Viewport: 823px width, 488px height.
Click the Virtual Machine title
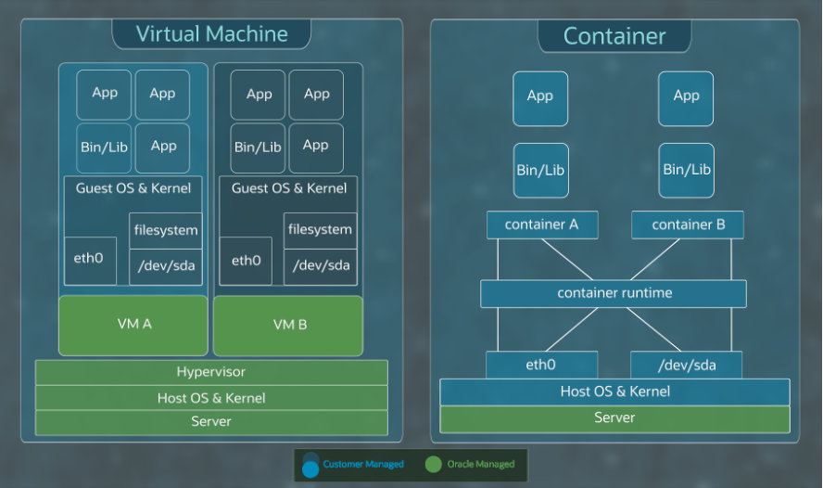[x=211, y=34]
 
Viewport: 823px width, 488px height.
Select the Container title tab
[x=614, y=36]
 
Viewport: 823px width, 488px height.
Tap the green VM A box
[x=133, y=325]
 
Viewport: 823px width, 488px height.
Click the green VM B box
[x=289, y=325]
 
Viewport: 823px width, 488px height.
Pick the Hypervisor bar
[x=211, y=372]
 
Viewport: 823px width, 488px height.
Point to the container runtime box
[x=614, y=293]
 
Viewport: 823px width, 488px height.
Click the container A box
[x=542, y=225]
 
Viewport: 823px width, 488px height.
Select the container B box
[x=688, y=225]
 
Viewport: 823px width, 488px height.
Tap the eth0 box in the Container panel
[x=542, y=366]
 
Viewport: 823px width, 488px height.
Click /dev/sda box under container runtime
[x=687, y=366]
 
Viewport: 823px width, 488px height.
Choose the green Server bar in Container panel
[x=614, y=418]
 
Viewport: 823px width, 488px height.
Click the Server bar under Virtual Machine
[x=211, y=422]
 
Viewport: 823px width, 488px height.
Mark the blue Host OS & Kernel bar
[x=614, y=392]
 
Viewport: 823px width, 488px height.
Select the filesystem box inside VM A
[x=165, y=230]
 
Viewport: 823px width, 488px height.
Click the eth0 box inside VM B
[x=246, y=261]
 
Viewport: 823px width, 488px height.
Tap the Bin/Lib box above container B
[x=687, y=170]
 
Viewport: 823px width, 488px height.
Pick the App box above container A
[x=540, y=96]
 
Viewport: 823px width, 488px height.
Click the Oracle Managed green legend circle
[x=434, y=465]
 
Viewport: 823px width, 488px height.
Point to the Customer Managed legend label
[x=363, y=464]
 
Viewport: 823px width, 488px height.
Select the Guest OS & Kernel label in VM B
[x=289, y=188]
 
